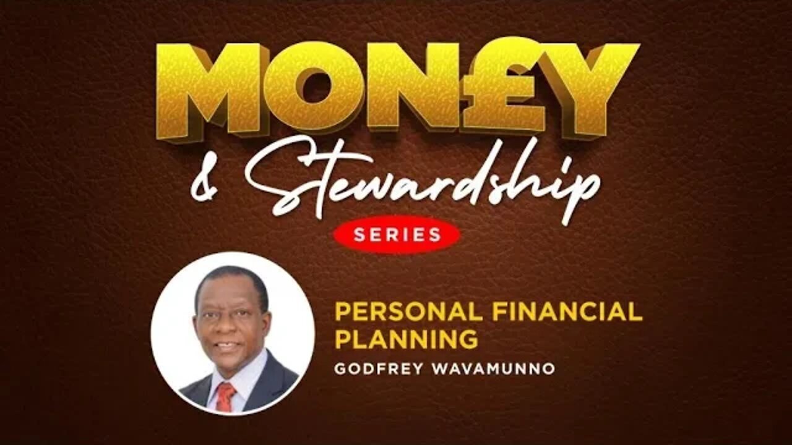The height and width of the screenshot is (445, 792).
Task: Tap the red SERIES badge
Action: tap(397, 234)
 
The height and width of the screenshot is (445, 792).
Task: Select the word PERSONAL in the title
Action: tap(406, 312)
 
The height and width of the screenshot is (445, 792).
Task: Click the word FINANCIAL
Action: tap(564, 312)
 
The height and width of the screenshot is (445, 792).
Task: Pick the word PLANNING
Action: tap(406, 339)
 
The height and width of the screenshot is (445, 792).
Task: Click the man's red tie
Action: tap(225, 396)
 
